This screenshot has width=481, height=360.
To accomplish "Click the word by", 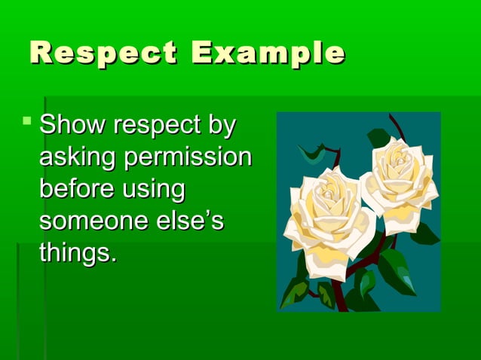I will coord(221,126).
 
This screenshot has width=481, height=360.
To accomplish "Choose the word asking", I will coord(78,158).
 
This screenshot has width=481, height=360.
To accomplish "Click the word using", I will coord(155,191).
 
